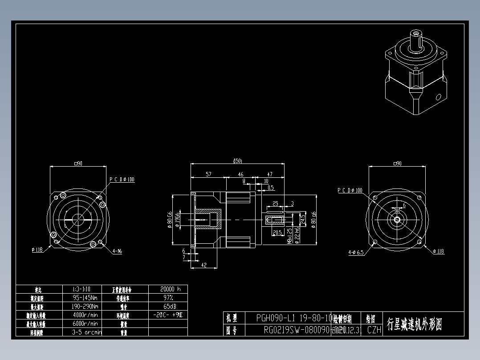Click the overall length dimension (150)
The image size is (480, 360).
tap(237, 161)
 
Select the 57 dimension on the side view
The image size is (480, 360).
tap(208, 174)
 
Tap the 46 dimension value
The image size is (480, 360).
tap(240, 174)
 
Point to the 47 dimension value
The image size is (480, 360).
tap(269, 174)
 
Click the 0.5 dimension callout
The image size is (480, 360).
tap(271, 188)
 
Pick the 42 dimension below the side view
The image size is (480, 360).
tap(203, 265)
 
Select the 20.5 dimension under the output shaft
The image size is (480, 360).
tap(277, 233)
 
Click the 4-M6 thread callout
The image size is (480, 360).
tap(117, 251)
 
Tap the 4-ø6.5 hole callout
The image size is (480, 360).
tap(356, 252)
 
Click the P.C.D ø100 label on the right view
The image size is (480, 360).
tap(350, 190)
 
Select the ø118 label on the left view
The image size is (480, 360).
tap(37, 250)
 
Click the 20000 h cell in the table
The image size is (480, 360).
tap(167, 289)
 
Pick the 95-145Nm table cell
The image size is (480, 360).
tap(85, 297)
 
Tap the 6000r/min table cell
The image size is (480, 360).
tap(85, 323)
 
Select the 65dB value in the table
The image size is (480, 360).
tap(167, 306)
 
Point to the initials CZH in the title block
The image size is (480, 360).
tap(374, 330)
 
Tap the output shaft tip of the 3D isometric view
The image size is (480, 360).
tap(416, 34)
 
